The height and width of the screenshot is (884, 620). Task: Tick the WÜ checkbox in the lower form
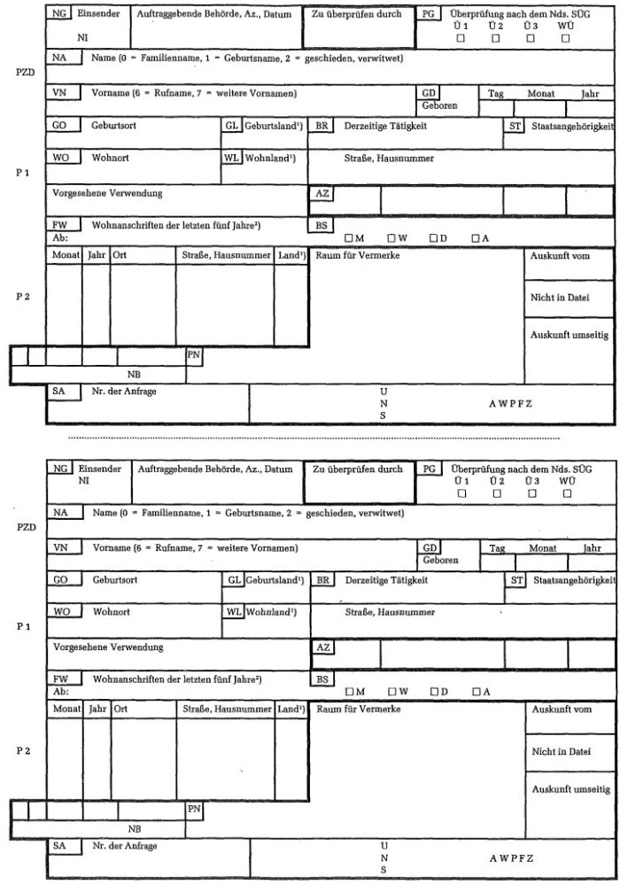pos(565,492)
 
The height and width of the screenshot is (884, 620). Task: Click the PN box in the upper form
pos(194,355)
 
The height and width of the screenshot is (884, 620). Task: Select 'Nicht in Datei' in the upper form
pos(559,298)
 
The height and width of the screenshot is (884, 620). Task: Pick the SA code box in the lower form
pos(59,846)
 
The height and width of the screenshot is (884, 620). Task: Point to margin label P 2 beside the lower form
pos(23,751)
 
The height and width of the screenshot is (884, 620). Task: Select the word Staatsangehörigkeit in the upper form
pos(572,127)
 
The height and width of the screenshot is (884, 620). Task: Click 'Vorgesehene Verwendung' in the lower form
pos(109,647)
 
